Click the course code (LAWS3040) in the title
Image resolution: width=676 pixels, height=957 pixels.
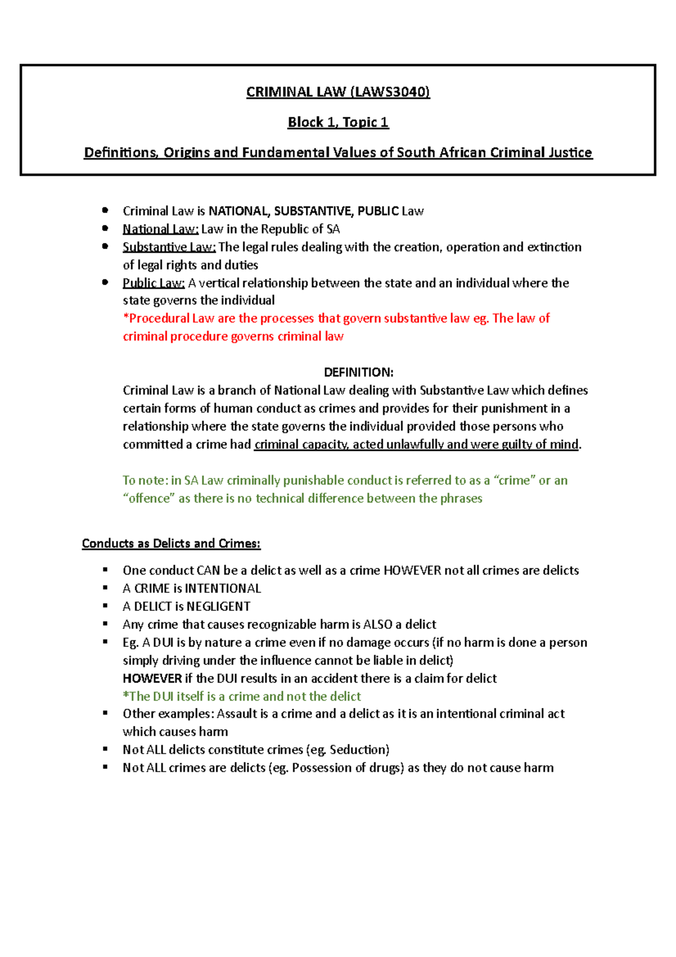(x=390, y=92)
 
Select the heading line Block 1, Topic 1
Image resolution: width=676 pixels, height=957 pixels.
(x=338, y=122)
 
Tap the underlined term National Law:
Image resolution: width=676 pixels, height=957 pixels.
(x=161, y=229)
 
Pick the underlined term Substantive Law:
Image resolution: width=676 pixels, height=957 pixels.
(x=169, y=247)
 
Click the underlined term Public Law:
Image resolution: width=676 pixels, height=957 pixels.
(x=154, y=283)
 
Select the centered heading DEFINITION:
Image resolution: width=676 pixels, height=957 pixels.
(x=358, y=372)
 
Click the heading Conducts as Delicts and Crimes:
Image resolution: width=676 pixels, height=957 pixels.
(x=171, y=543)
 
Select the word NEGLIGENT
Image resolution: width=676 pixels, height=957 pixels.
(x=218, y=606)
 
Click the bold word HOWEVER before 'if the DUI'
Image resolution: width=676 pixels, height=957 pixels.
(x=152, y=678)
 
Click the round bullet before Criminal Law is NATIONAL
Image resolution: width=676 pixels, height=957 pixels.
(x=105, y=210)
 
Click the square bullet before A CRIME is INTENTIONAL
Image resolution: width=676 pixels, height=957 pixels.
(x=105, y=588)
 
